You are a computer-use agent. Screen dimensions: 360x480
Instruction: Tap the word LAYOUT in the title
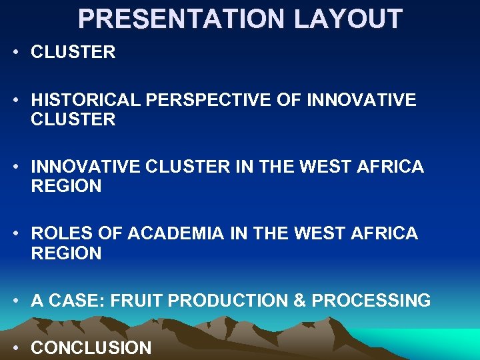pyautogui.click(x=349, y=19)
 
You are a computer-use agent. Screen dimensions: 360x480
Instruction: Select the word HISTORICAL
pyautogui.click(x=86, y=100)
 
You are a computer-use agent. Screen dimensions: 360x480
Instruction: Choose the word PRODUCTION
pyautogui.click(x=228, y=301)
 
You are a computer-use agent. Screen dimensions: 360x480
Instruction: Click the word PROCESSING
pyautogui.click(x=371, y=301)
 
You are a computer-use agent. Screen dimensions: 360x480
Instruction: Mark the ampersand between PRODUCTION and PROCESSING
pyautogui.click(x=299, y=301)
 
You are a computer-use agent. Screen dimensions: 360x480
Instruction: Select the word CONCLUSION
pyautogui.click(x=91, y=347)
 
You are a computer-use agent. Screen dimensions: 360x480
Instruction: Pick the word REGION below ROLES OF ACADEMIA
pyautogui.click(x=66, y=253)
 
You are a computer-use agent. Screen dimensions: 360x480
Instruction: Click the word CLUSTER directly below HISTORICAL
pyautogui.click(x=73, y=120)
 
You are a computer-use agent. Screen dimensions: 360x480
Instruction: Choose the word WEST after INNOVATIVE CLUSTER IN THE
pyautogui.click(x=321, y=167)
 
